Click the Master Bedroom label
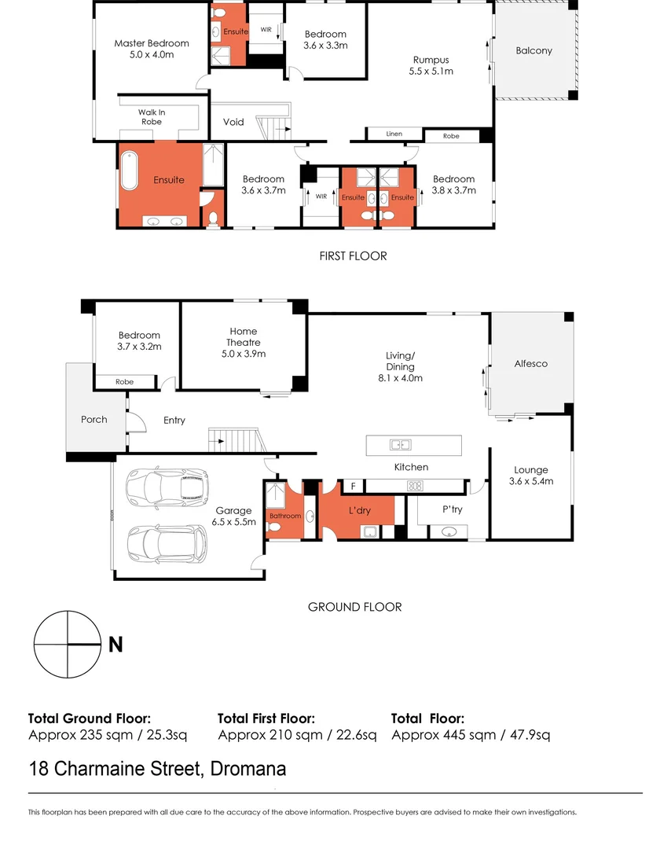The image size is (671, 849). pos(152,49)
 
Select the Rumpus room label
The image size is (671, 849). pos(431,64)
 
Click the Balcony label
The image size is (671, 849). pos(533,50)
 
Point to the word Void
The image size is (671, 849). pos(233,122)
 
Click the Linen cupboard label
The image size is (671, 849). pos(394,134)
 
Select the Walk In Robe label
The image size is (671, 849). pos(152,117)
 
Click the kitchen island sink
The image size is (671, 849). pos(401,446)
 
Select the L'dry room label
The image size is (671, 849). pos(359,510)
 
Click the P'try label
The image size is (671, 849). pos(452,509)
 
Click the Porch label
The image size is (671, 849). pos(94,419)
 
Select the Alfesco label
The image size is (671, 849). pos(530,364)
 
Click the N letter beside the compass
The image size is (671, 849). pos(115,645)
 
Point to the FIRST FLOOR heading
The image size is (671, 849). pos(353,255)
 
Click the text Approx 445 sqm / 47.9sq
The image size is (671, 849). pos(470,735)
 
